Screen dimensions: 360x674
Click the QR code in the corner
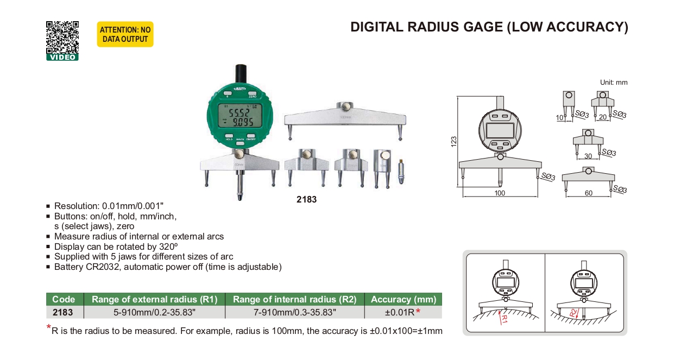tap(62, 37)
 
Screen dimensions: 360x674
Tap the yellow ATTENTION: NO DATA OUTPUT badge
tap(125, 35)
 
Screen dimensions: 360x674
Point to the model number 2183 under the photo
tap(306, 200)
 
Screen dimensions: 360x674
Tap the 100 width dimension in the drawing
tap(500, 193)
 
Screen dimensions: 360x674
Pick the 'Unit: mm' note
tap(614, 83)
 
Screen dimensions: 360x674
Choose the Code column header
tap(64, 299)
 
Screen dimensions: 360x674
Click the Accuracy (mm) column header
tap(402, 299)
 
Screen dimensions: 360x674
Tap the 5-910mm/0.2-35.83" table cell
tap(155, 312)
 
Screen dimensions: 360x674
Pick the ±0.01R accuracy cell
tap(399, 312)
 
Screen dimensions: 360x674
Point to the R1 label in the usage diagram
tap(503, 318)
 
